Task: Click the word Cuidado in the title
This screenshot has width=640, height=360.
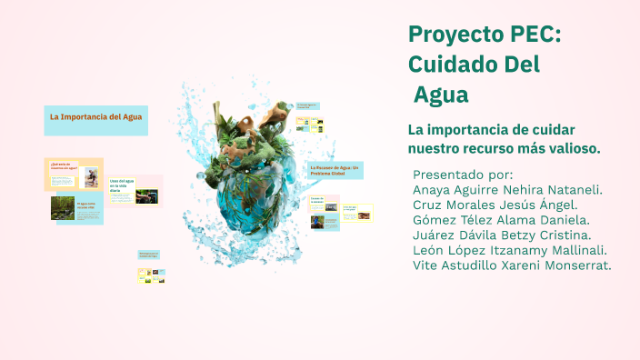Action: pyautogui.click(x=450, y=65)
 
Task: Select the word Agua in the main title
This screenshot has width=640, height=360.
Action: pyautogui.click(x=441, y=95)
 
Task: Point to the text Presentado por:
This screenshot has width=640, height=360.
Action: pyautogui.click(x=463, y=175)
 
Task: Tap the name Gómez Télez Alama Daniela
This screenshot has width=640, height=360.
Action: pyautogui.click(x=501, y=220)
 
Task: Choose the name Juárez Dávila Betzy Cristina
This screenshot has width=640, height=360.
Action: pyautogui.click(x=502, y=235)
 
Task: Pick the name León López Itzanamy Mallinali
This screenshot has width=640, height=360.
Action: pyautogui.click(x=509, y=250)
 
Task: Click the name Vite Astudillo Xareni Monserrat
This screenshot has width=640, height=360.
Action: pyautogui.click(x=512, y=265)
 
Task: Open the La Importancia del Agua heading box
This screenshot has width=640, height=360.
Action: pyautogui.click(x=95, y=117)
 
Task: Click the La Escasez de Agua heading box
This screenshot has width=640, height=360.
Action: pyautogui.click(x=336, y=170)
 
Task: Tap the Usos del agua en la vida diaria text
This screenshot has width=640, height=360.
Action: pyautogui.click(x=121, y=185)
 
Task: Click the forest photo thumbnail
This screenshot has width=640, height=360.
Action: pyautogui.click(x=63, y=208)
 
